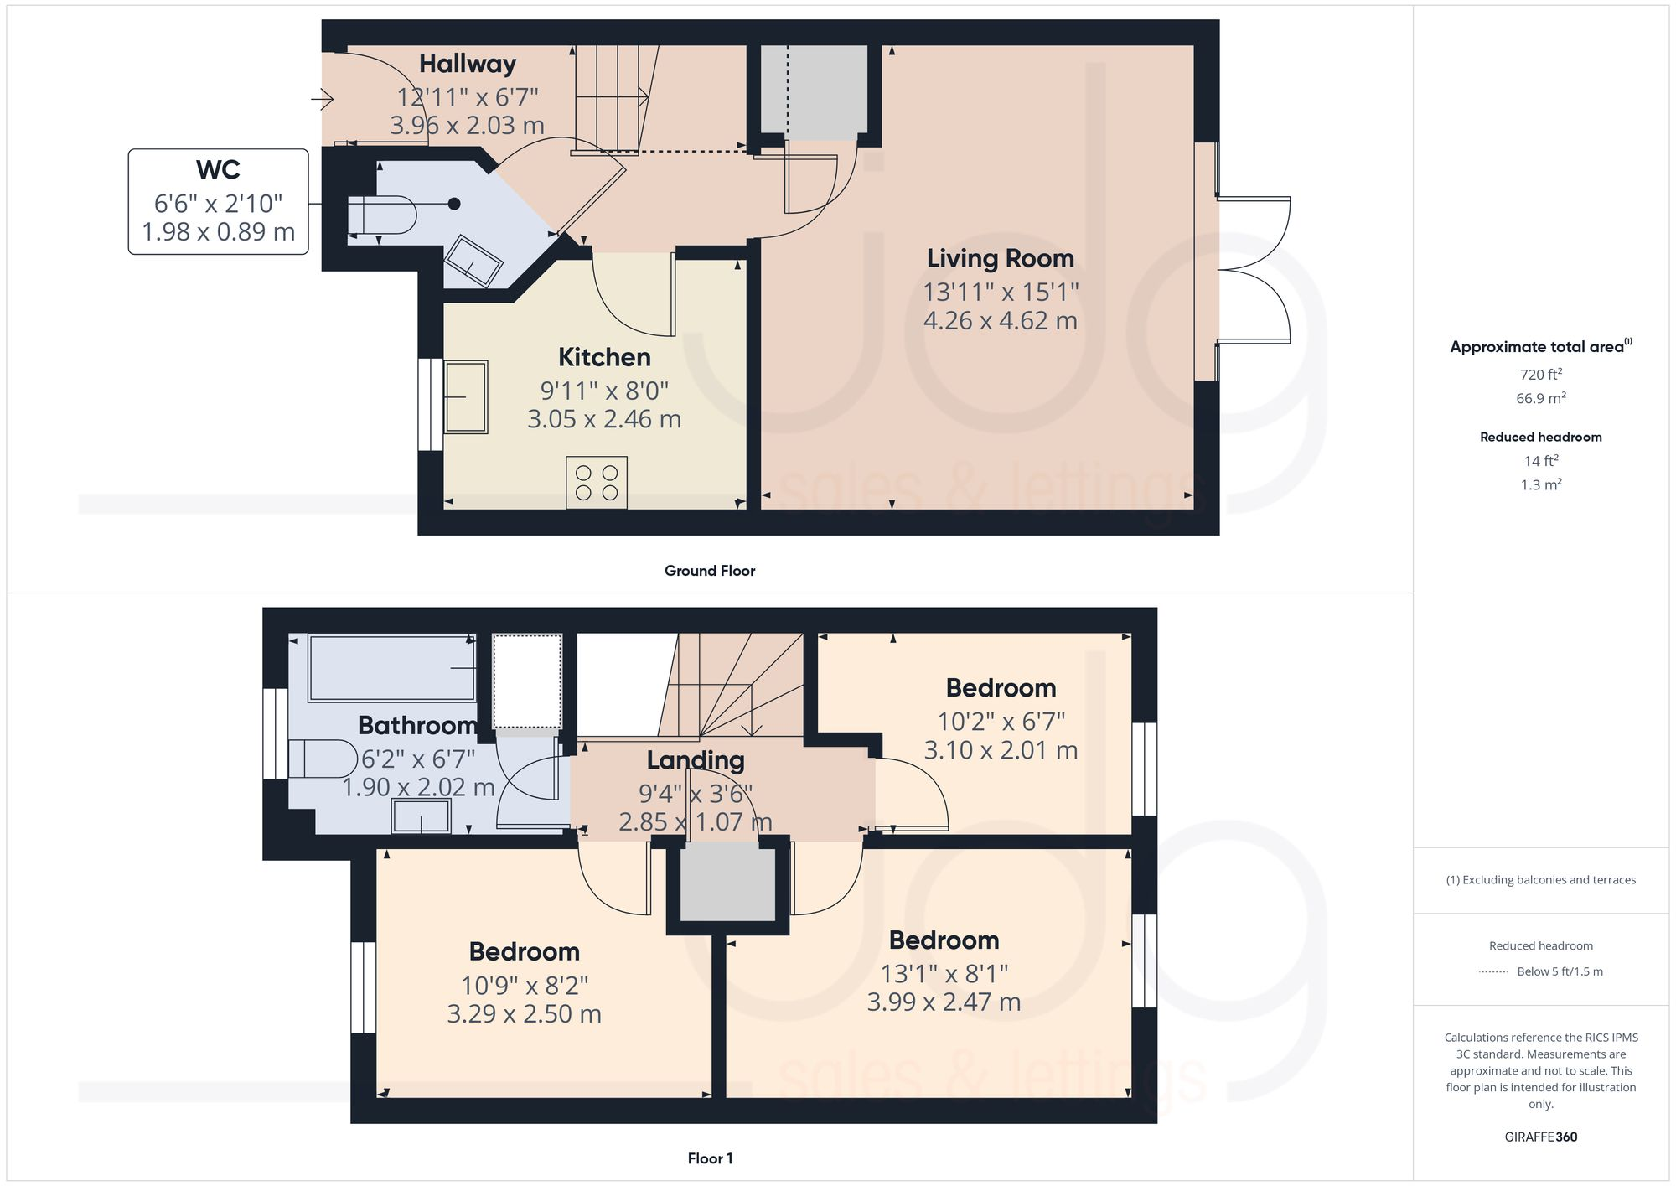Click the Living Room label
[x=1000, y=258]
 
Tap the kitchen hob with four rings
[x=597, y=483]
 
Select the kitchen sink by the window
[x=465, y=396]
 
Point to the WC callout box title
[x=218, y=170]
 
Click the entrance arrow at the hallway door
[x=323, y=100]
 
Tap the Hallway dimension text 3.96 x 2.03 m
[x=467, y=126]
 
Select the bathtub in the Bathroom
[x=391, y=668]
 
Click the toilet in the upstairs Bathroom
[x=323, y=759]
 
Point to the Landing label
[x=695, y=760]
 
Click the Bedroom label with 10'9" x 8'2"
[x=524, y=951]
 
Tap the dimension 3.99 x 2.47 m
[x=944, y=1002]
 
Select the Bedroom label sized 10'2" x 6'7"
[x=1001, y=688]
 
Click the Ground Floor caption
[x=710, y=571]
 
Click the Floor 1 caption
[x=710, y=1158]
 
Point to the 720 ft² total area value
[x=1540, y=375]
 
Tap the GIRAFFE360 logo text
[x=1540, y=1137]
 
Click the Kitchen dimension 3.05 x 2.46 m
[x=603, y=419]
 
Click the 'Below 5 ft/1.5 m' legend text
[x=1560, y=971]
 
